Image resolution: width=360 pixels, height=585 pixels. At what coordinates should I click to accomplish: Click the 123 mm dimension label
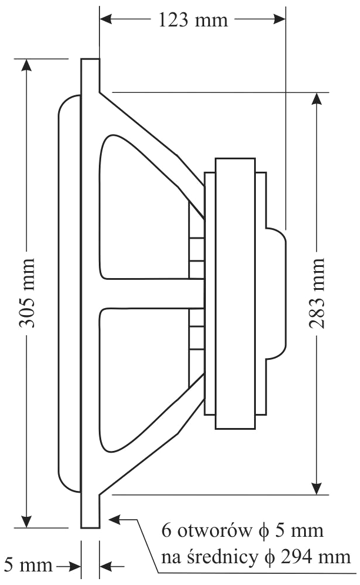click(x=193, y=20)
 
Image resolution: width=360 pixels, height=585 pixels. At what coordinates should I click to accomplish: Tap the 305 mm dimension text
click(x=26, y=292)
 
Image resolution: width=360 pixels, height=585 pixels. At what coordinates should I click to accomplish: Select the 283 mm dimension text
click(x=318, y=293)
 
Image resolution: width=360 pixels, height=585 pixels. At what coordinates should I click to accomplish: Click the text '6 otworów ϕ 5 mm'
click(x=243, y=532)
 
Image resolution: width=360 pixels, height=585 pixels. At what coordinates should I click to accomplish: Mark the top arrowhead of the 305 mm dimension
click(x=26, y=65)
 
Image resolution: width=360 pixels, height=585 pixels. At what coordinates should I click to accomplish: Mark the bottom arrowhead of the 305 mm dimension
click(x=26, y=521)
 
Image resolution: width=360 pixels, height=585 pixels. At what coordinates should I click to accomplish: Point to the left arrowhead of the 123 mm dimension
click(x=106, y=19)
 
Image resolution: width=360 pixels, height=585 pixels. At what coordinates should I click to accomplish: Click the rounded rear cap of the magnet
click(x=277, y=293)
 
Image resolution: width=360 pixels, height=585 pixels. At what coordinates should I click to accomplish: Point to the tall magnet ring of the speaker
click(x=235, y=293)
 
